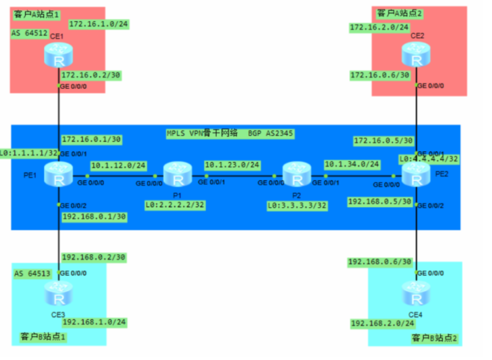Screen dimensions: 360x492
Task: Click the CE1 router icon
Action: [59, 56]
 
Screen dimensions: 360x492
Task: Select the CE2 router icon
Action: [416, 55]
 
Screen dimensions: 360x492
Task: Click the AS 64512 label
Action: [29, 33]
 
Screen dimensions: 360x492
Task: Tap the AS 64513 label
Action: [32, 274]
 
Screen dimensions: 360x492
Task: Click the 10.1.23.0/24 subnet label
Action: [232, 165]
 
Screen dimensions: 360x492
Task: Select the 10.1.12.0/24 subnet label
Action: [119, 165]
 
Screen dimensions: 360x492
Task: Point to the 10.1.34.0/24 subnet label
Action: [352, 165]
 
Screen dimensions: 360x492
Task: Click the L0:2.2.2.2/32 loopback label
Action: [175, 205]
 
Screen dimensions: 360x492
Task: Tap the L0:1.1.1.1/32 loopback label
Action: [29, 153]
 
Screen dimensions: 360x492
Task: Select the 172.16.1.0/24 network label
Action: [99, 24]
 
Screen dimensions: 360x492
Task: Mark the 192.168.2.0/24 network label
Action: [383, 323]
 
